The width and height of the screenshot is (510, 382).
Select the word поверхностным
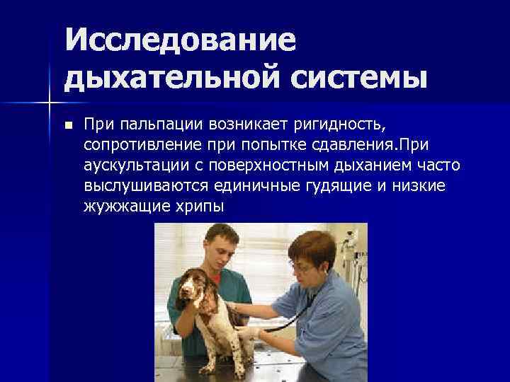(277, 166)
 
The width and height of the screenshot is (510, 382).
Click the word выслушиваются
(140, 186)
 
